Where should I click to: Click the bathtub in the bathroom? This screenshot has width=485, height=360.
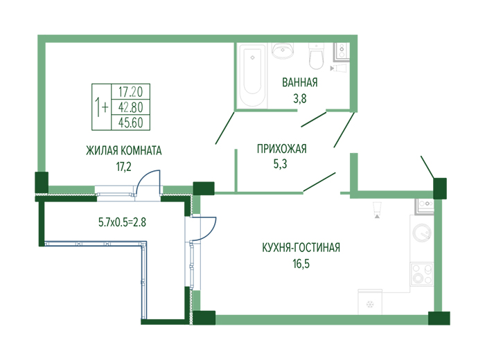click(x=252, y=75)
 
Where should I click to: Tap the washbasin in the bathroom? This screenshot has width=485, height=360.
click(x=283, y=51)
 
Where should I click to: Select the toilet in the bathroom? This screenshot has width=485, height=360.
click(x=316, y=56)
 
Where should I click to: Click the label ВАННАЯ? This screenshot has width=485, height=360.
click(x=300, y=82)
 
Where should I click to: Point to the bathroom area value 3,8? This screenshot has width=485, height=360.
click(x=300, y=98)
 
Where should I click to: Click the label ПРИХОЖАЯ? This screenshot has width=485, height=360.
click(x=282, y=149)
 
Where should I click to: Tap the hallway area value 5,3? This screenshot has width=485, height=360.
click(x=280, y=164)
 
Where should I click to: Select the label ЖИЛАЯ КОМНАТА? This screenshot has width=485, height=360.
click(x=124, y=150)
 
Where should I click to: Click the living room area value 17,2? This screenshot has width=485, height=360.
click(x=123, y=167)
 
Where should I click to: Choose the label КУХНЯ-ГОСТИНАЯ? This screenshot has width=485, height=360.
click(x=301, y=248)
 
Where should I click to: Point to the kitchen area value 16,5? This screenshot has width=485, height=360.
click(x=301, y=264)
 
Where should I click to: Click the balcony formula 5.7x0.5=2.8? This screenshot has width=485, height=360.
click(x=122, y=222)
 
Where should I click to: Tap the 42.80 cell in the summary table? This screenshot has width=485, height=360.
click(x=130, y=107)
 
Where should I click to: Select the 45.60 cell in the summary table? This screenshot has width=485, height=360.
click(x=130, y=123)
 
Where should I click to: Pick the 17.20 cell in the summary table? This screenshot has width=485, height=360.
click(x=130, y=92)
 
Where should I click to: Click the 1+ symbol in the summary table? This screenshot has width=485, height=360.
click(x=101, y=107)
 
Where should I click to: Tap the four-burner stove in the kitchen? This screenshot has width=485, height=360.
click(x=422, y=274)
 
